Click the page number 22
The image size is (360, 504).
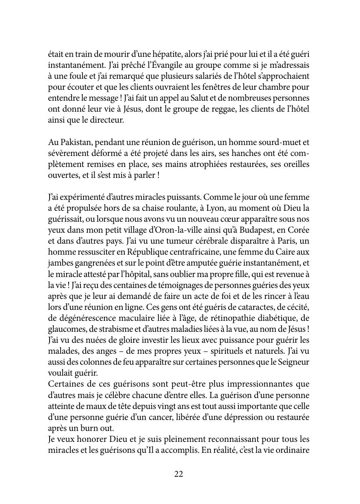click(x=179, y=474)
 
